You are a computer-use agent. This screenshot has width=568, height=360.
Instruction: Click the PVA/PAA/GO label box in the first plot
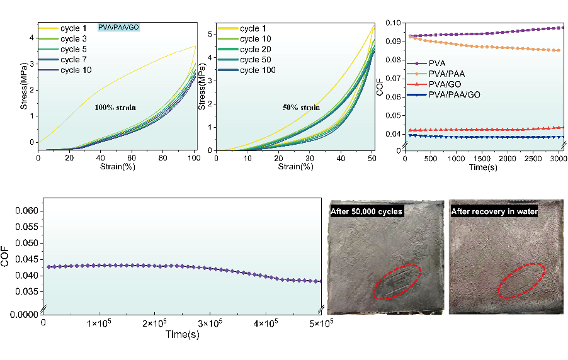pos(118,28)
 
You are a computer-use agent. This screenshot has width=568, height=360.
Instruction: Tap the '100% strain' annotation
pos(115,108)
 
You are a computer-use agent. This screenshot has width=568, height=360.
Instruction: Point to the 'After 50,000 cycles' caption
pos(367,211)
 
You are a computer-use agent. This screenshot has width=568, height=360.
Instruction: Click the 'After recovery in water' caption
pos(494,211)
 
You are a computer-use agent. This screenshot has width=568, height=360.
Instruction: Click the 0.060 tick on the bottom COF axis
pos(26,211)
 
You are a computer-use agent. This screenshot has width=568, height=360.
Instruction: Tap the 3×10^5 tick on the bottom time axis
pos(210,323)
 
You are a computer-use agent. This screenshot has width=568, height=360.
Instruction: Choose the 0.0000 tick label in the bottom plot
pos(24,313)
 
